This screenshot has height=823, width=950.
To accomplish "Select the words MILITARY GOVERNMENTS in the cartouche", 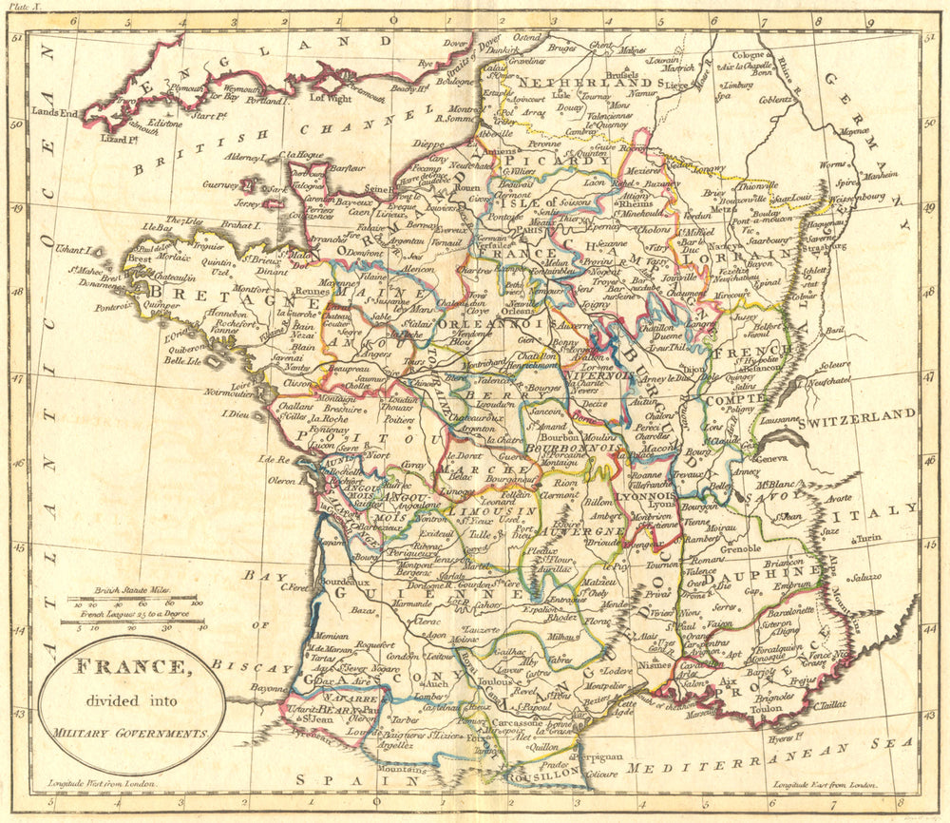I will pos(130,734).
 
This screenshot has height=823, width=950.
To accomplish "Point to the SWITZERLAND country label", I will pos(858,414).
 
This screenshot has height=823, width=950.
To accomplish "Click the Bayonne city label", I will pos(270,687).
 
